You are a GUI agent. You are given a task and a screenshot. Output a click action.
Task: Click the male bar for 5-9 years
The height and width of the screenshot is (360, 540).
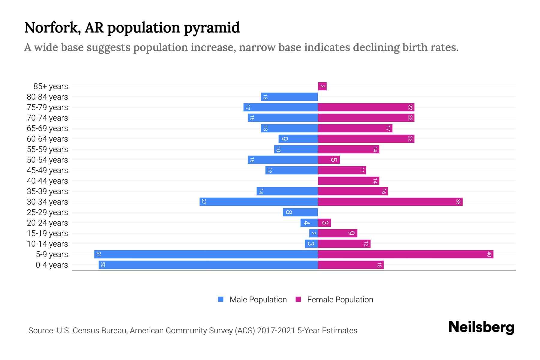[206, 254]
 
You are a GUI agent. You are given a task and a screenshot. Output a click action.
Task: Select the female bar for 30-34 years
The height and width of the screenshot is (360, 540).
[390, 202]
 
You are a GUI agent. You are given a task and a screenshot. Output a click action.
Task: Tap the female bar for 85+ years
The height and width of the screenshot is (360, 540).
[322, 86]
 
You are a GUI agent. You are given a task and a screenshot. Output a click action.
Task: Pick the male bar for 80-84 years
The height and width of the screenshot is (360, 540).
[289, 97]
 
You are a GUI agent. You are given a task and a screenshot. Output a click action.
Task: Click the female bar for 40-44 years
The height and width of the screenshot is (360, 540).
[348, 181]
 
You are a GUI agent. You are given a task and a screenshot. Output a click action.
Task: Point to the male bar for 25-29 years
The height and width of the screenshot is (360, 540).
[300, 212]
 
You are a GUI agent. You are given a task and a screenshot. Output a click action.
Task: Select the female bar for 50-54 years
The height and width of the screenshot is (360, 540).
[328, 160]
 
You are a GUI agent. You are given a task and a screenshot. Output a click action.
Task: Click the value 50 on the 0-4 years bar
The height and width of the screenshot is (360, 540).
[103, 265]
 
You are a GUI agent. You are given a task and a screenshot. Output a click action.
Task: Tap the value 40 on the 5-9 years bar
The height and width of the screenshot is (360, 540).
[489, 254]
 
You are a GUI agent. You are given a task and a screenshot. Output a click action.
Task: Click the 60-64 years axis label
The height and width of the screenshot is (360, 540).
[47, 139]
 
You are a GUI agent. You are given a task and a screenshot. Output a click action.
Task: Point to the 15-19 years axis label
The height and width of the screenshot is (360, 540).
[47, 233]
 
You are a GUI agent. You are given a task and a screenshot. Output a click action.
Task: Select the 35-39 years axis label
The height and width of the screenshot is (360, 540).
[47, 191]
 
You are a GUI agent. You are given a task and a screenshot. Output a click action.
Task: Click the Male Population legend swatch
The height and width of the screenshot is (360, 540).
[221, 299]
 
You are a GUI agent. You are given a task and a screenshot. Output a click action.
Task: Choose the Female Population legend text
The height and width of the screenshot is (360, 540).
[340, 299]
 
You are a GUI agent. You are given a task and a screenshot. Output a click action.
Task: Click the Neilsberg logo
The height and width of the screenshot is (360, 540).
[481, 327]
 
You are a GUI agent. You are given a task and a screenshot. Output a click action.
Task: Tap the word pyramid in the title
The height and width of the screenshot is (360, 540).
[212, 28]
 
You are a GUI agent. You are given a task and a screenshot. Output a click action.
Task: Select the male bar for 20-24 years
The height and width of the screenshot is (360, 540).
[309, 223]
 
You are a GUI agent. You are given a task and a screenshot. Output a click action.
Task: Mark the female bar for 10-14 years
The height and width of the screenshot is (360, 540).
[344, 244]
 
